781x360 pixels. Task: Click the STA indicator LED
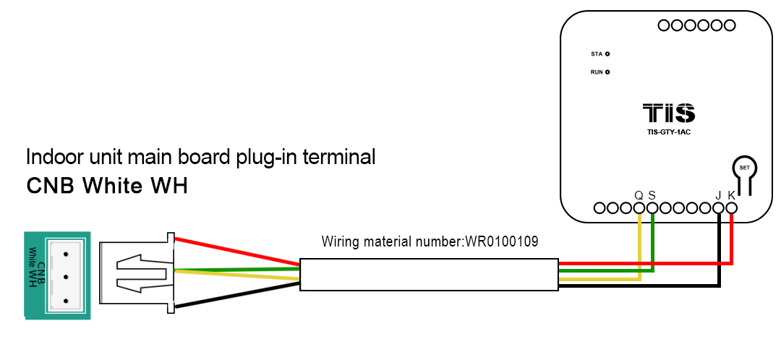pos(607,54)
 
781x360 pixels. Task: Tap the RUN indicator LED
pos(607,72)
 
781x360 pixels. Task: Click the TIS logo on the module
pos(669,113)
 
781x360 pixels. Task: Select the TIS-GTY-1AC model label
pos(669,132)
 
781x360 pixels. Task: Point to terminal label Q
pos(639,195)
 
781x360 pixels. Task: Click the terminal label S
pos(652,195)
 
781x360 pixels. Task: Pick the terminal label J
pos(718,195)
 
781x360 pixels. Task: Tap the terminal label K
pos(731,195)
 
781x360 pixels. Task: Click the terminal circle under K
pos(731,208)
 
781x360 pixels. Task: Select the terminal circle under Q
pos(639,208)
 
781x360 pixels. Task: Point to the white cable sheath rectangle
pos(430,275)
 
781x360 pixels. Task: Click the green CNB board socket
pos(57,275)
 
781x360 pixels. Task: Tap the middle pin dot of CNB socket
pos(66,276)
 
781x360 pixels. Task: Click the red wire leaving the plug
pos(239,249)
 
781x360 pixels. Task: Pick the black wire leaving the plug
pos(239,296)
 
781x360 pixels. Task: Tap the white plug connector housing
pos(137,274)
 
